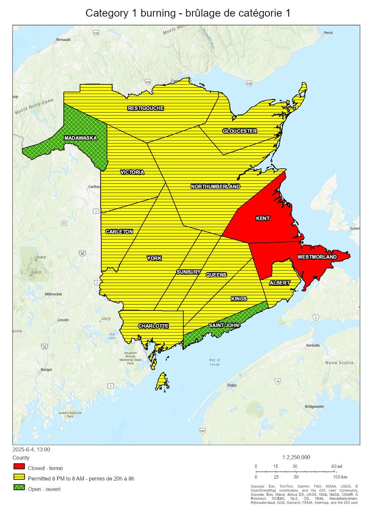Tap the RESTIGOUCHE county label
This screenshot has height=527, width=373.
146,108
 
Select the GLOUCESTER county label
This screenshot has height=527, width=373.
239,131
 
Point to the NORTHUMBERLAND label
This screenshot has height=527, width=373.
215,186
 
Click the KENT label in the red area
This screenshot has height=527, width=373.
263,218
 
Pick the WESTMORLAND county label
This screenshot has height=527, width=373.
317,256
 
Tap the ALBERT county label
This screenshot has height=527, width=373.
280,283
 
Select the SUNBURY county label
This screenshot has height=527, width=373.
188,272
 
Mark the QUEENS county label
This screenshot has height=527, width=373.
216,274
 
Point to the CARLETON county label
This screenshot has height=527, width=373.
119,231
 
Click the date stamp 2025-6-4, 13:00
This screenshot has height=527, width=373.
31,449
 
